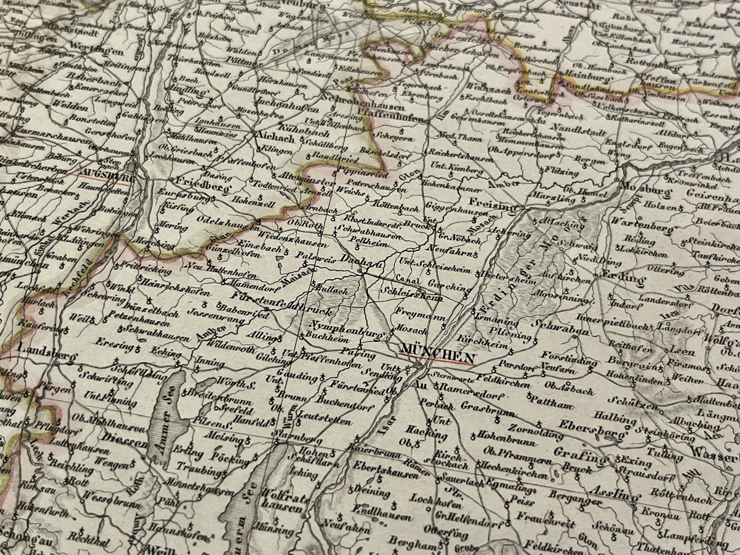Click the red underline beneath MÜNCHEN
click(x=435, y=359)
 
